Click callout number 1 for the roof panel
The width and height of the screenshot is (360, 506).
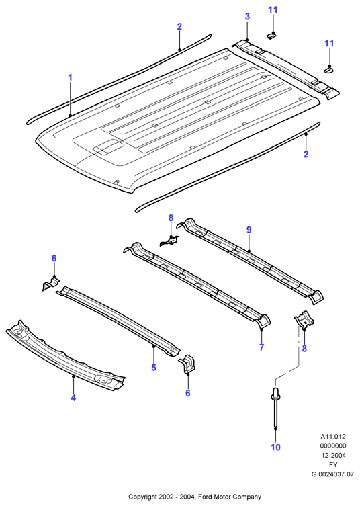pyautogui.click(x=70, y=77)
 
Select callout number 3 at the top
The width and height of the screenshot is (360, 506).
pyautogui.click(x=247, y=16)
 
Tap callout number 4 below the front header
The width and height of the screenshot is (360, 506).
pyautogui.click(x=73, y=398)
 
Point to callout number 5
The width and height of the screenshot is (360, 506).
pyautogui.click(x=154, y=368)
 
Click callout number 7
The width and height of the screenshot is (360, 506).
pyautogui.click(x=262, y=347)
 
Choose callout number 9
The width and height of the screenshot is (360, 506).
pyautogui.click(x=249, y=230)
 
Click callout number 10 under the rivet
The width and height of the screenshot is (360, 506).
pyautogui.click(x=276, y=447)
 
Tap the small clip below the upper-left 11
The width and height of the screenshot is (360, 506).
pyautogui.click(x=271, y=36)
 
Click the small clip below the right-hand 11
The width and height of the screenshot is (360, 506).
pyautogui.click(x=328, y=69)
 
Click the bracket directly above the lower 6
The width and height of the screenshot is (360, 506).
pyautogui.click(x=188, y=364)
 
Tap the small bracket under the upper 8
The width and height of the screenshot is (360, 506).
pyautogui.click(x=169, y=241)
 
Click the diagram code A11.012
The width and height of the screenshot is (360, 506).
pyautogui.click(x=333, y=437)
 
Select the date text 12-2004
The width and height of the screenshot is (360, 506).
pyautogui.click(x=333, y=456)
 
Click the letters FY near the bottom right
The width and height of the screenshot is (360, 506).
pyautogui.click(x=333, y=465)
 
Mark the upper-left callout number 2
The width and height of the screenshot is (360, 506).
pyautogui.click(x=179, y=26)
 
